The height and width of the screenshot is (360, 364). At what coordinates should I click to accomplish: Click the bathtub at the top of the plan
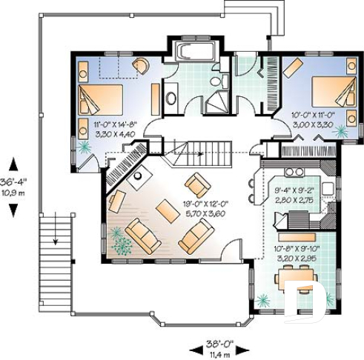(x=193, y=52)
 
